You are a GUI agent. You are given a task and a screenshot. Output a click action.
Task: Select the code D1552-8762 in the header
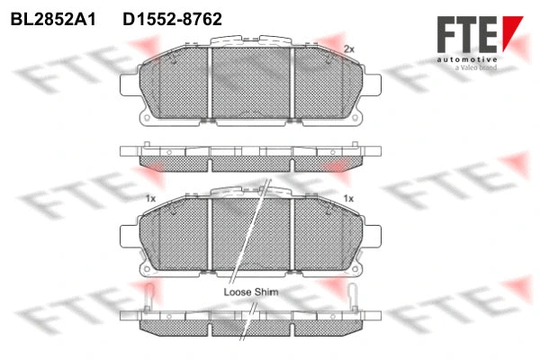point(172,18)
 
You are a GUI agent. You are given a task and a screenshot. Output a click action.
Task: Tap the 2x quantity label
point(349,48)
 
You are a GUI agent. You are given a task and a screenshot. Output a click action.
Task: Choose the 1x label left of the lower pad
point(150,197)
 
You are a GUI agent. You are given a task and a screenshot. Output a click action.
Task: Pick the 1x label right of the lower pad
point(348,197)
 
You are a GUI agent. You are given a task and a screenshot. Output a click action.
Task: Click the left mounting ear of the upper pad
point(129,84)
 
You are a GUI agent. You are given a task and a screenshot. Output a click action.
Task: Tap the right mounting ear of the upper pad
point(372,84)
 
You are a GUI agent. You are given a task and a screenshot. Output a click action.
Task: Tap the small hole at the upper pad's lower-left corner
point(145,116)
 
